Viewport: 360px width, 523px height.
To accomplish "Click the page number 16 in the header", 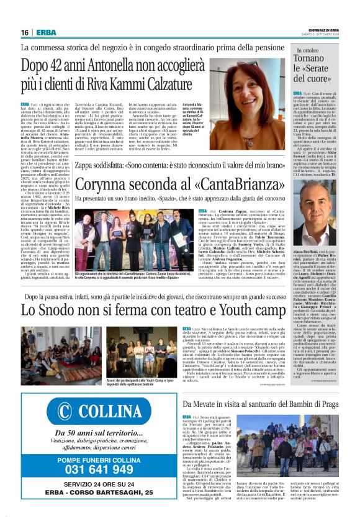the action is (25, 32).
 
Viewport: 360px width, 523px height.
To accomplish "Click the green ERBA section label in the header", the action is (46, 32).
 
